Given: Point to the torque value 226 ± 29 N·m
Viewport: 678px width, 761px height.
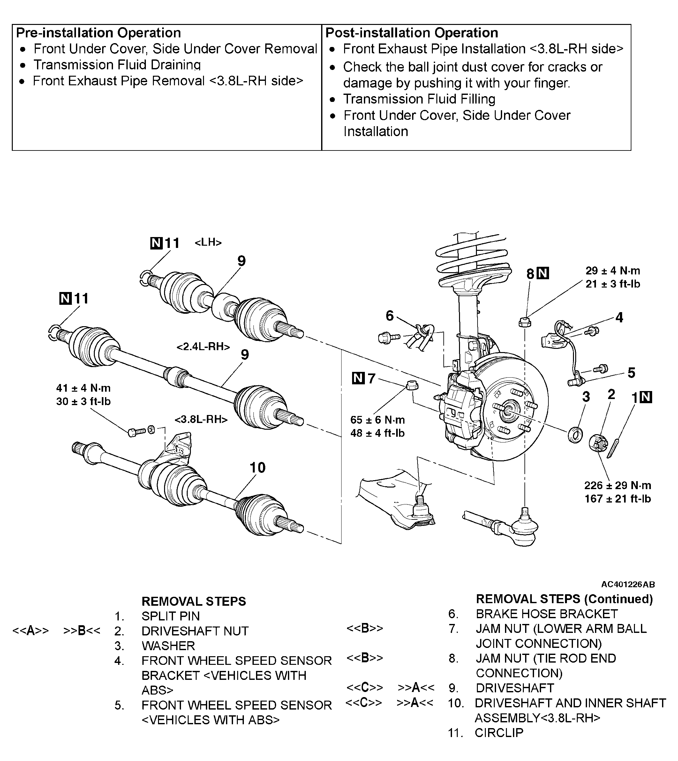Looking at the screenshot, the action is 618,485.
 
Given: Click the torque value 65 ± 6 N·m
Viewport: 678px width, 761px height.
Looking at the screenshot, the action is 377,419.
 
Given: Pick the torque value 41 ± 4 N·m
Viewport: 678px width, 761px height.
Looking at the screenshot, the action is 83,388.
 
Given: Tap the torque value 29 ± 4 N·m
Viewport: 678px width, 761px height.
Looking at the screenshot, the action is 613,270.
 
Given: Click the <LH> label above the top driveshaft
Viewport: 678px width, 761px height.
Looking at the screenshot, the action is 208,242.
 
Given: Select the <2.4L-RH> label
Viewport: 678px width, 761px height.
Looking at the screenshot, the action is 203,347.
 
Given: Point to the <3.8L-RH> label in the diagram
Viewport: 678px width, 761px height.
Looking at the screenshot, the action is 201,419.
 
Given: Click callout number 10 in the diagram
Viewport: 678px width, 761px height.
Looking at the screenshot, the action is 257,468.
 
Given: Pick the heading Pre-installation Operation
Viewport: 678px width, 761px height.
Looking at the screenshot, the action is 99,33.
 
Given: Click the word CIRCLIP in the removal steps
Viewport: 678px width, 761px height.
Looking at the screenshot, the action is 499,732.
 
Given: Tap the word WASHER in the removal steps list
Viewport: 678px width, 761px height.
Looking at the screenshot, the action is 168,645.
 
